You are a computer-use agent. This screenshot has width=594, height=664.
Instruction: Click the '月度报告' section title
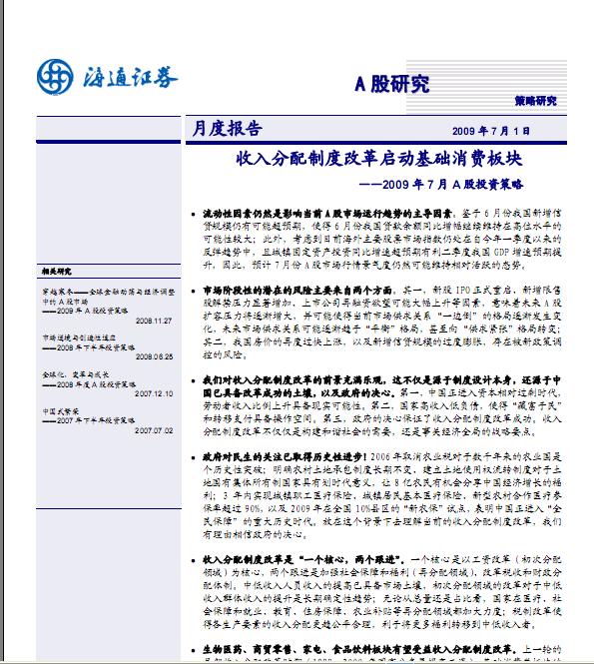click(226, 129)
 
